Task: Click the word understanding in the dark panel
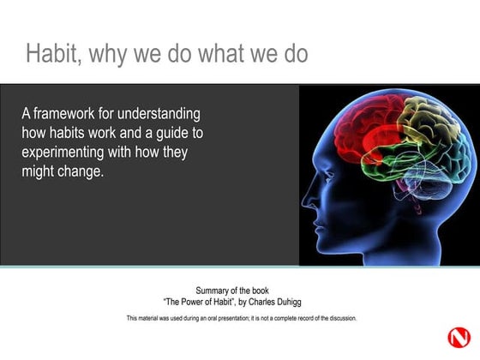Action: [161, 114]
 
